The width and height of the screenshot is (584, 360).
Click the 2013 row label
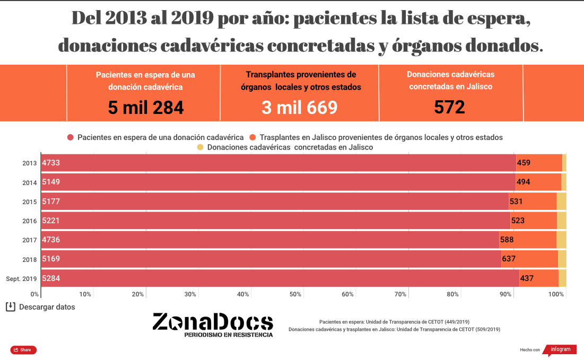pyautogui.click(x=30, y=163)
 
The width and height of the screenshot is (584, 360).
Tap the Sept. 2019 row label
pyautogui.click(x=21, y=278)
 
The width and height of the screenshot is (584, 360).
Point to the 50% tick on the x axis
pyautogui.click(x=295, y=294)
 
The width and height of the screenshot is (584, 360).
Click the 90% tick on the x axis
pyautogui.click(x=505, y=294)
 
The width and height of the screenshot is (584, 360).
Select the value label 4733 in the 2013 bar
pyautogui.click(x=51, y=163)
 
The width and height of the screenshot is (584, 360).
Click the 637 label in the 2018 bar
pyautogui.click(x=509, y=259)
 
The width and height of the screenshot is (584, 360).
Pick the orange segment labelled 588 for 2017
pyautogui.click(x=528, y=240)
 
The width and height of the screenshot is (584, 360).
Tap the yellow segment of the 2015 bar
pyautogui.click(x=561, y=201)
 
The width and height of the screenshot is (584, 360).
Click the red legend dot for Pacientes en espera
pyautogui.click(x=70, y=137)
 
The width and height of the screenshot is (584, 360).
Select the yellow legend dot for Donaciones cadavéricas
pyautogui.click(x=200, y=147)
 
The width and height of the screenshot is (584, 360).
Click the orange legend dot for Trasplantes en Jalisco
pyautogui.click(x=252, y=137)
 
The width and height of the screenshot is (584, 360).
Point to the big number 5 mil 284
pyautogui.click(x=146, y=108)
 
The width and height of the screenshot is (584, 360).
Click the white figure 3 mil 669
pyautogui.click(x=299, y=108)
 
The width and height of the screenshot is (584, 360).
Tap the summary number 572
pyautogui.click(x=449, y=108)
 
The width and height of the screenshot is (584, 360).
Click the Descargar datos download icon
pyautogui.click(x=10, y=307)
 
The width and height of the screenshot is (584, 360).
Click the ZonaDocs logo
pyautogui.click(x=213, y=324)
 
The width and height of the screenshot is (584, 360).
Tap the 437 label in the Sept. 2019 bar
pyautogui.click(x=527, y=278)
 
